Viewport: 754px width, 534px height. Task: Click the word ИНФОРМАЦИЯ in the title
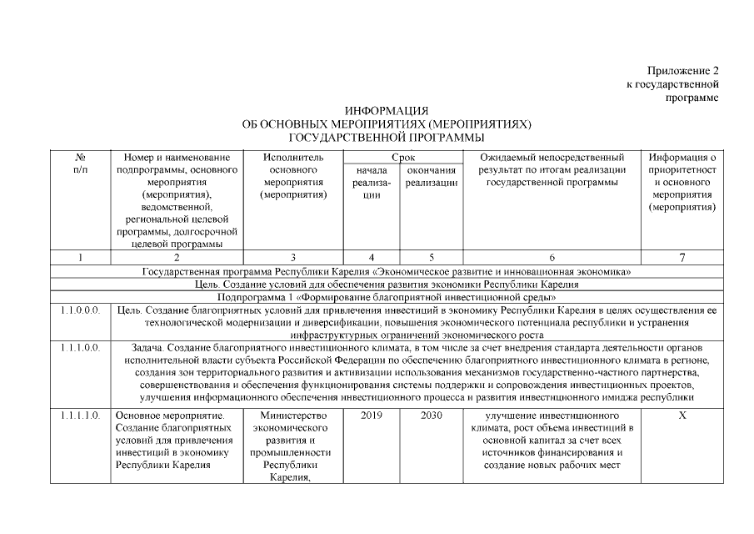coord(386,111)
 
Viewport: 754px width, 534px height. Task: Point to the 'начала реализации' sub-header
coord(372,182)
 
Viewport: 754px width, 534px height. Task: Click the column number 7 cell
coord(682,257)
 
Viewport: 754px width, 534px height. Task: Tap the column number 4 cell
coord(372,257)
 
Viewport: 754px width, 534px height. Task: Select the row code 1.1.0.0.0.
coord(81,310)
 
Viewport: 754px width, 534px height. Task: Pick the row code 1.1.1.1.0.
coord(81,415)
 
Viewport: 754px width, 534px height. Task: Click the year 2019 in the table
coord(372,415)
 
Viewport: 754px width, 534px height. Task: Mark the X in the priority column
coord(682,415)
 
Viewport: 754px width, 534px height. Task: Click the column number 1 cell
coord(80,257)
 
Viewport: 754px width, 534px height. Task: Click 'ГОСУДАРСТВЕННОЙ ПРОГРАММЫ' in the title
coord(386,136)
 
